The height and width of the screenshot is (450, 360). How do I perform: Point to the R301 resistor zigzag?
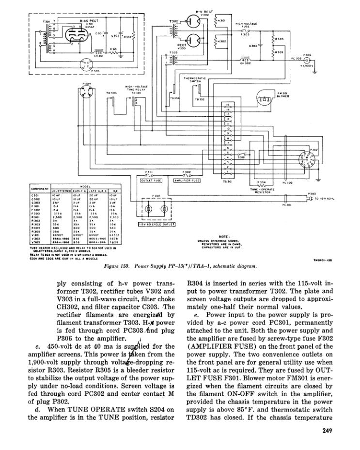coord(115,52)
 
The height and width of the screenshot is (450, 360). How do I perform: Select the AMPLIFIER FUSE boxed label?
coord(187,180)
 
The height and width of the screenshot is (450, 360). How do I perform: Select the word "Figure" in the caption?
coord(112,266)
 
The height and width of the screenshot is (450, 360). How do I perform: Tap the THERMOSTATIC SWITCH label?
coord(193,79)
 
